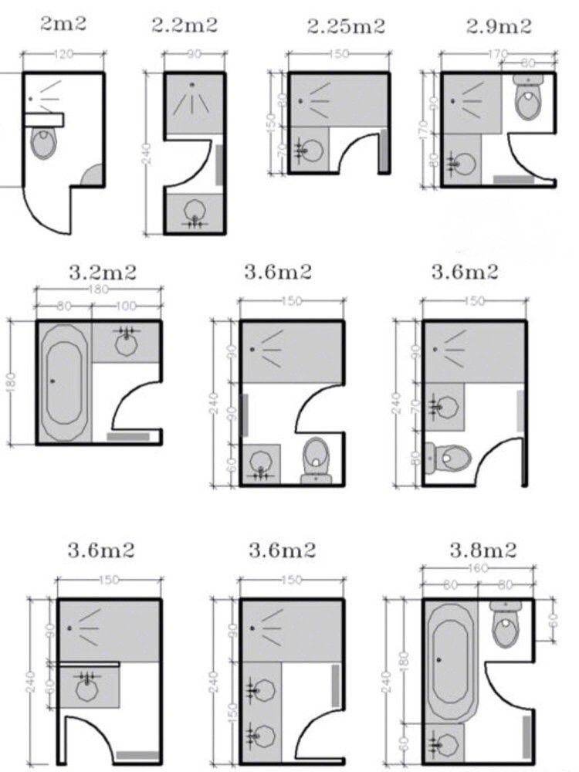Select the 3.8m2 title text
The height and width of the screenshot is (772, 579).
coord(483,550)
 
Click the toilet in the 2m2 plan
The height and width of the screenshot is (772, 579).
coord(44,144)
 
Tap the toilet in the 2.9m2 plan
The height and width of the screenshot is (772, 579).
coord(528,98)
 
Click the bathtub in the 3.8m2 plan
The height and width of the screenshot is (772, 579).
coord(452,662)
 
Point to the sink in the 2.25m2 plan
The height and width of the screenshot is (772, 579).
coord(311,149)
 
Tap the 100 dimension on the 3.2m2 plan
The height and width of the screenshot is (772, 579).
coord(126,306)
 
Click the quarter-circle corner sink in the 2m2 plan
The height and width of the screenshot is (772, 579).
coord(92,175)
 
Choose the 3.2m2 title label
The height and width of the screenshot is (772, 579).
coord(102,273)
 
